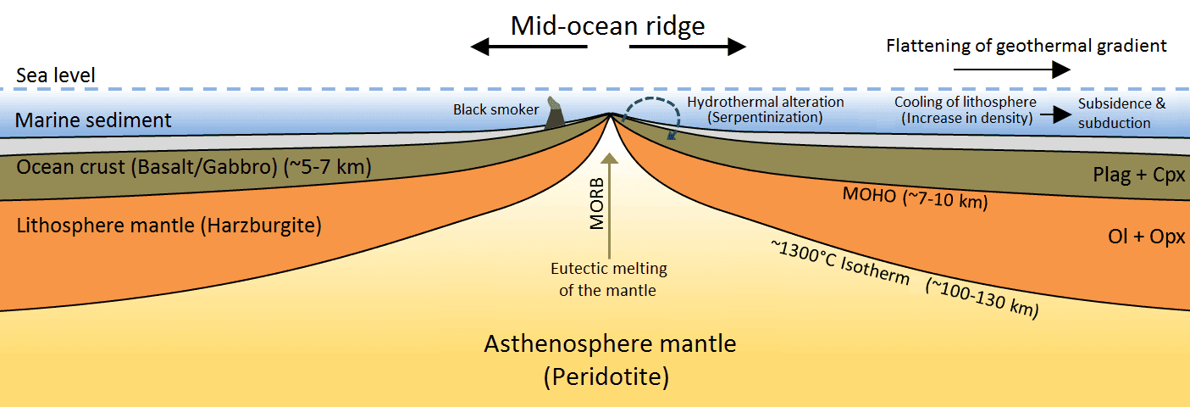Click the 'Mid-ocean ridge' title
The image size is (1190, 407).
click(607, 25)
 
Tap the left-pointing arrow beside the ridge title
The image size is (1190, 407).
click(529, 47)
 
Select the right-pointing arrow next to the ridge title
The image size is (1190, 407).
click(687, 47)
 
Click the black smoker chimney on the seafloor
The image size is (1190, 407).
click(556, 114)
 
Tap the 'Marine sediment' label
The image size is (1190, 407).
click(93, 120)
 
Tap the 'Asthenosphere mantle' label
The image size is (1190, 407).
click(610, 345)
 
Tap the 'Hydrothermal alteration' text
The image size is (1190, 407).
click(766, 102)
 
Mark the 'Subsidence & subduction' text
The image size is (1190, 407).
click(1121, 113)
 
